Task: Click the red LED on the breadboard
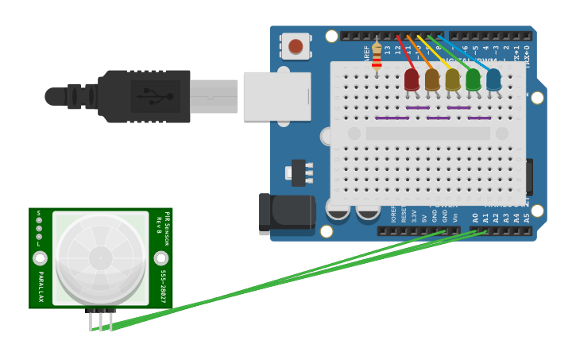(x=412, y=79)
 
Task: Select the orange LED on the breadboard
(x=432, y=79)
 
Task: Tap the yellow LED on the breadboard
(x=453, y=79)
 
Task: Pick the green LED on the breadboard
(x=474, y=79)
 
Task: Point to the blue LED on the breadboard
(x=493, y=79)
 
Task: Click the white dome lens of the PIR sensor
(x=101, y=258)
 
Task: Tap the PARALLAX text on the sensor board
(x=41, y=286)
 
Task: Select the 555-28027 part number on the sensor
(x=163, y=285)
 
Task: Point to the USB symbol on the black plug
(x=156, y=97)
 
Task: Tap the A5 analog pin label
(x=527, y=217)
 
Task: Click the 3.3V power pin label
(x=414, y=215)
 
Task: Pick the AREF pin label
(x=367, y=53)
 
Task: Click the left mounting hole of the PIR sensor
(x=40, y=258)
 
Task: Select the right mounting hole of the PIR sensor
(x=161, y=258)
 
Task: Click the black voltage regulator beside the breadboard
(x=299, y=172)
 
